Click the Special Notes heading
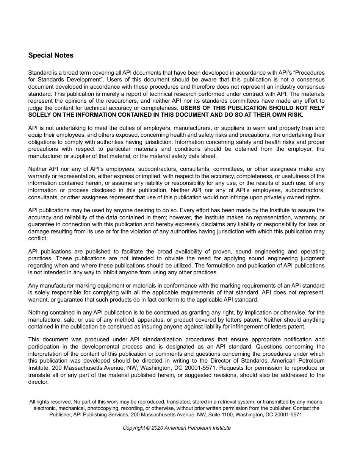point(51,55)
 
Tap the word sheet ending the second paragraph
point(209,156)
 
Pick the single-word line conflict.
point(38,238)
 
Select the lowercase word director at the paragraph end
point(38,382)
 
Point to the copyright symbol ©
point(148,428)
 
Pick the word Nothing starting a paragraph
point(39,313)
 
